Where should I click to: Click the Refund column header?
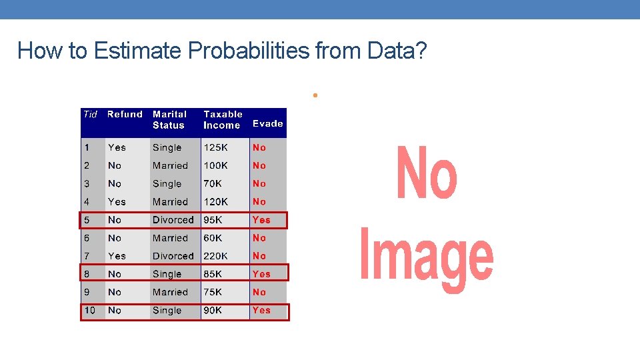[125, 114]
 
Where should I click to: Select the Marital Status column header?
[169, 119]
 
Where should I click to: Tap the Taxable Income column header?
[223, 119]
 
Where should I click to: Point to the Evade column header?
[267, 123]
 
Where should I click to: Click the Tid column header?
[90, 114]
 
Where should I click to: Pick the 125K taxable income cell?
[216, 147]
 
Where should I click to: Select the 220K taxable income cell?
[216, 256]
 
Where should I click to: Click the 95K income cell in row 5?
[213, 220]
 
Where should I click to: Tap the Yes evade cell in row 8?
[261, 274]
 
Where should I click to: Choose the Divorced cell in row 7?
[173, 256]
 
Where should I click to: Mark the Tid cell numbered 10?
[90, 310]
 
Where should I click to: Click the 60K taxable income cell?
[213, 238]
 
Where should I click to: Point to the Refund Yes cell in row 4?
[117, 201]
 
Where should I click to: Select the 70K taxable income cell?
[213, 183]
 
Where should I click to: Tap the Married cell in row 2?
[170, 165]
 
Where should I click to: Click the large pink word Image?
[427, 257]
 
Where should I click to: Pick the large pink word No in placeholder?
[427, 173]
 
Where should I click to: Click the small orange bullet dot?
[313, 95]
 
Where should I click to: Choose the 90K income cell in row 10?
[213, 310]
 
